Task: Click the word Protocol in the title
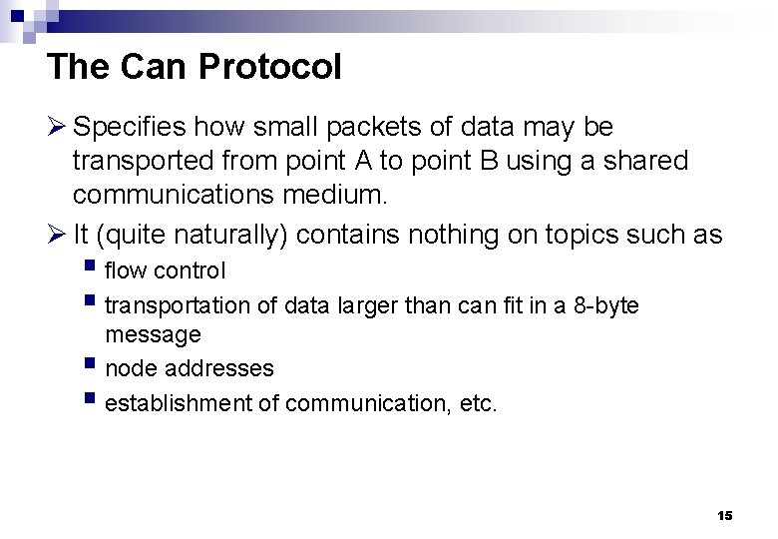(270, 67)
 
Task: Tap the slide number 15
(725, 515)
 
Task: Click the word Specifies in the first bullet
(130, 127)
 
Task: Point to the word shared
(649, 162)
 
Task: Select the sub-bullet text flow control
(166, 270)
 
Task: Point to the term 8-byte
(607, 305)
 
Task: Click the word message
(153, 334)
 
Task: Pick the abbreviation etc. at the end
(477, 403)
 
